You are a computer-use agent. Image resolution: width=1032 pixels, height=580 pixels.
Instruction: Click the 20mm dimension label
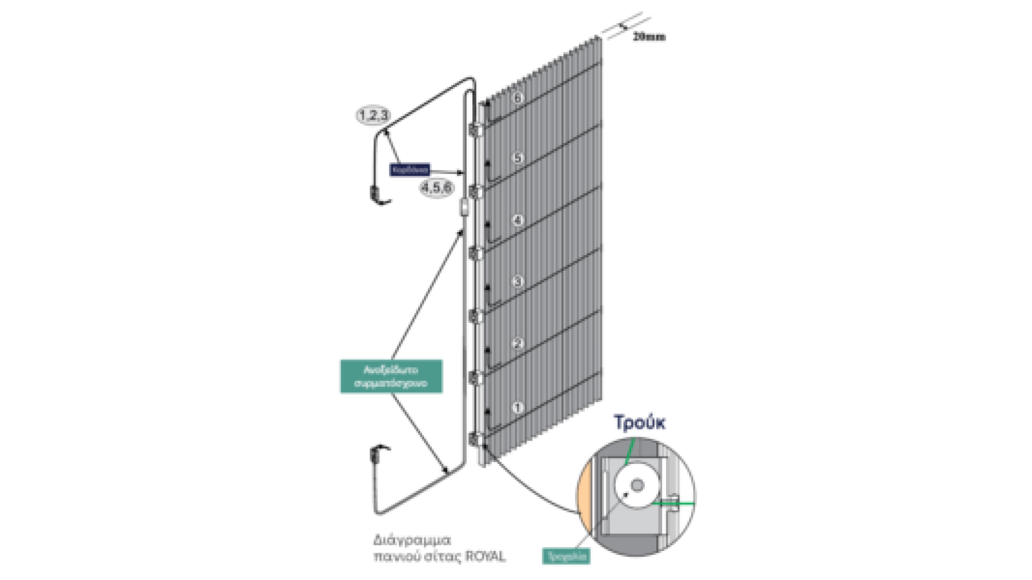(649, 37)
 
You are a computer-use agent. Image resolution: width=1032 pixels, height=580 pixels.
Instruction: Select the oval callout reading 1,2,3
(373, 115)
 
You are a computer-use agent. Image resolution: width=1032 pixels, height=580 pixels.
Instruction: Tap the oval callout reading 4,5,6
(436, 187)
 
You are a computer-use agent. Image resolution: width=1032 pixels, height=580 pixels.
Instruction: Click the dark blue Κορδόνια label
(410, 170)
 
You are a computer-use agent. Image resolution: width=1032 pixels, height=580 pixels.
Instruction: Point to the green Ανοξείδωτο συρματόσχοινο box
(391, 376)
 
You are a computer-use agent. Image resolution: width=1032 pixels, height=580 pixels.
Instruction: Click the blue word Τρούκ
(640, 423)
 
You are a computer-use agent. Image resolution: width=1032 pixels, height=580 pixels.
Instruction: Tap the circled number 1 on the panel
(518, 407)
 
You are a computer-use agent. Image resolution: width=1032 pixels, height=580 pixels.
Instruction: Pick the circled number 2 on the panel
(518, 344)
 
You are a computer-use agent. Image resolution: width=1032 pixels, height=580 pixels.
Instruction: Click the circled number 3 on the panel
(518, 281)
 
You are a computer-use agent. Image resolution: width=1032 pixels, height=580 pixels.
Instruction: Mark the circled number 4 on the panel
(518, 220)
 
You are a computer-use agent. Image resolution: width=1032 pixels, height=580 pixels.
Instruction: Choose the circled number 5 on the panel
(518, 158)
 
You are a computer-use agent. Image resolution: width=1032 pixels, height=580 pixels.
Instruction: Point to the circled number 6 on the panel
(518, 98)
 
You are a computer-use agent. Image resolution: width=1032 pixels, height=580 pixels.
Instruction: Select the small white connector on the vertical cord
(463, 207)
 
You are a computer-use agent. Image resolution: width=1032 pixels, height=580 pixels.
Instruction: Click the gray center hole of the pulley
(637, 485)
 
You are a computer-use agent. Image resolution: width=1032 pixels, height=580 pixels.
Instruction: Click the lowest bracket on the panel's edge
(475, 439)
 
